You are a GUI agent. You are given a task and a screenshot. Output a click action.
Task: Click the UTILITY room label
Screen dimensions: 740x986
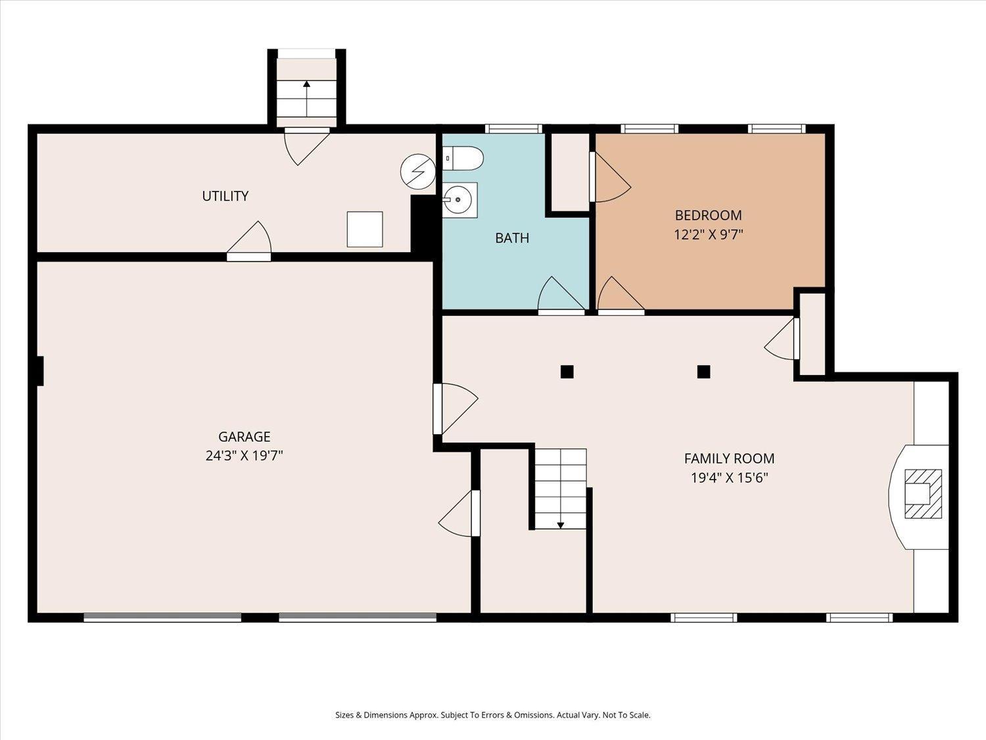click(x=225, y=196)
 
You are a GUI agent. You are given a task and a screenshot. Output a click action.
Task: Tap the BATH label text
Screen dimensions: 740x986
click(x=512, y=238)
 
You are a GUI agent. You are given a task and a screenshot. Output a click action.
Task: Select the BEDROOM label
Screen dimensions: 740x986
click(x=708, y=215)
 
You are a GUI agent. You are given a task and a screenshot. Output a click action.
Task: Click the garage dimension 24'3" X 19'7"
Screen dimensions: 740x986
click(x=244, y=455)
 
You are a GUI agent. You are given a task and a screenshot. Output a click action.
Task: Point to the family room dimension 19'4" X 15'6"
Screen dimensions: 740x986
click(x=729, y=478)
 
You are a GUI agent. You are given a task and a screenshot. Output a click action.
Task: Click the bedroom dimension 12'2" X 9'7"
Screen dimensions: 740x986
click(x=708, y=234)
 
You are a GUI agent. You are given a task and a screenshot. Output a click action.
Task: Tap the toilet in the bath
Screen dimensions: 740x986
click(x=463, y=159)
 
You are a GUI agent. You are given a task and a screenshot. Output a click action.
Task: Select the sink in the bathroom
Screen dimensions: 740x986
click(x=458, y=200)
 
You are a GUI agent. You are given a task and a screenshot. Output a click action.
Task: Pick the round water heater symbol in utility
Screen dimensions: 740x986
click(x=418, y=172)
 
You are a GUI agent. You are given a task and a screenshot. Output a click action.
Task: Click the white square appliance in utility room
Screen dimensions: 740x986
click(x=365, y=230)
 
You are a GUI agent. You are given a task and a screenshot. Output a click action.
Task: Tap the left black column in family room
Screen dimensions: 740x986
click(x=567, y=372)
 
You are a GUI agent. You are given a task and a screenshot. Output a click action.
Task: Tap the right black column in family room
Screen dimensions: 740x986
click(x=703, y=372)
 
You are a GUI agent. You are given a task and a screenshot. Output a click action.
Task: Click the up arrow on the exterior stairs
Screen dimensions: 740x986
click(x=306, y=85)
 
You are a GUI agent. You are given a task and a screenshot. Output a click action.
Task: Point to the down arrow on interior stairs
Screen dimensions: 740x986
click(x=561, y=524)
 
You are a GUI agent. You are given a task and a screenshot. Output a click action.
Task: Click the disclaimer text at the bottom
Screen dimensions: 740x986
click(x=492, y=715)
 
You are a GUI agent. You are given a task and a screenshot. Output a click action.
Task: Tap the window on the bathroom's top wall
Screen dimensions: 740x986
click(x=513, y=129)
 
